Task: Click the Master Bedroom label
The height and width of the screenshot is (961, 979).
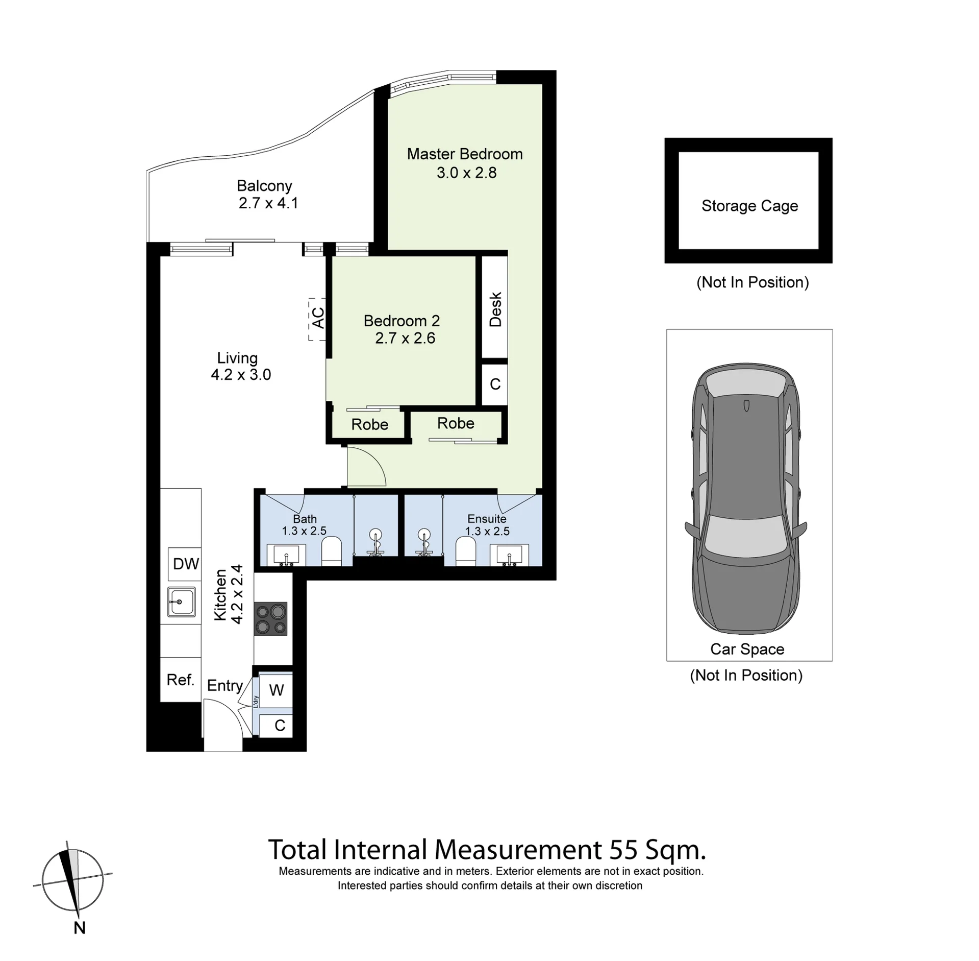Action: pyautogui.click(x=464, y=154)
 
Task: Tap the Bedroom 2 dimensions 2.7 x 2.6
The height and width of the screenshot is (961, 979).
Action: pyautogui.click(x=405, y=338)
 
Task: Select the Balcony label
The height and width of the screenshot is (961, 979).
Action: pyautogui.click(x=264, y=186)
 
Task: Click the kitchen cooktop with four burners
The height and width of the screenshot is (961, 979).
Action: pyautogui.click(x=271, y=619)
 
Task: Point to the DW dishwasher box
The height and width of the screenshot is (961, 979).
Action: pyautogui.click(x=185, y=564)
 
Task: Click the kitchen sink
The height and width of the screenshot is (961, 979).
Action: pyautogui.click(x=181, y=602)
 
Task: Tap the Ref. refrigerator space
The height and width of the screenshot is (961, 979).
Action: pyautogui.click(x=181, y=680)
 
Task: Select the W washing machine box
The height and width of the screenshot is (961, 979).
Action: pyautogui.click(x=276, y=690)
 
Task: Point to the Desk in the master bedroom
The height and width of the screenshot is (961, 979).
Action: pyautogui.click(x=495, y=307)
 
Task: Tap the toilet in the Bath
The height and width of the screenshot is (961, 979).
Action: pyautogui.click(x=331, y=551)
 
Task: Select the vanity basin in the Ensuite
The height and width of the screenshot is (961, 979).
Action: pyautogui.click(x=509, y=555)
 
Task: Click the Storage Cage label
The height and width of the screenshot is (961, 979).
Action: pyautogui.click(x=749, y=206)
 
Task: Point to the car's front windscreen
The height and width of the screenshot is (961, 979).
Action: pyautogui.click(x=746, y=535)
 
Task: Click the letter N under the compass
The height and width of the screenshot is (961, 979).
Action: pyautogui.click(x=80, y=928)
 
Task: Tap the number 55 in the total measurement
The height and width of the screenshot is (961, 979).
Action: pyautogui.click(x=623, y=850)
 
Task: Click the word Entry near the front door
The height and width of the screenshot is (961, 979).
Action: pyautogui.click(x=225, y=686)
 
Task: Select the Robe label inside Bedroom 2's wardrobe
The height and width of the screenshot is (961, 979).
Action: pyautogui.click(x=370, y=424)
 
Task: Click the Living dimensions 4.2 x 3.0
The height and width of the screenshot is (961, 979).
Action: pyautogui.click(x=241, y=375)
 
